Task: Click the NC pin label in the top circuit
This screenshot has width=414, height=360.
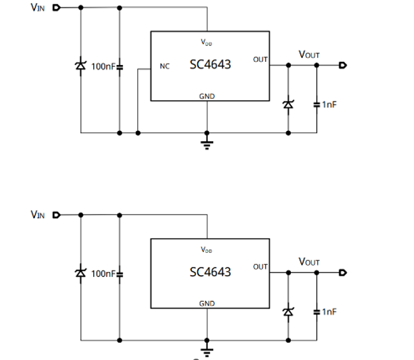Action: [x=165, y=66]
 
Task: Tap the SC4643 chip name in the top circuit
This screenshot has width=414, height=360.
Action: [x=210, y=64]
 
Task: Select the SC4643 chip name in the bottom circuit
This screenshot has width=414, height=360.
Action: [x=210, y=272]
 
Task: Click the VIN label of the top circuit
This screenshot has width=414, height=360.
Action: [x=38, y=8]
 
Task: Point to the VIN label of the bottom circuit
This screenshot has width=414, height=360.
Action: [x=38, y=214]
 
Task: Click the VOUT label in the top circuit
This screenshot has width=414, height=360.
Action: [x=309, y=55]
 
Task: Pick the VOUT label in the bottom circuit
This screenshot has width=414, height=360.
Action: [x=309, y=262]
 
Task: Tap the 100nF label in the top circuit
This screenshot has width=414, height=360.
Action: [x=103, y=66]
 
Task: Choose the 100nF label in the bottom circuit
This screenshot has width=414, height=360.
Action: [x=103, y=273]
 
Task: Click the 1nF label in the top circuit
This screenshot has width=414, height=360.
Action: [x=329, y=104]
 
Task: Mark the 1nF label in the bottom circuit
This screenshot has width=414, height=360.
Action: [x=329, y=311]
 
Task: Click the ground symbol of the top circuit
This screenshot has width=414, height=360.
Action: [x=207, y=142]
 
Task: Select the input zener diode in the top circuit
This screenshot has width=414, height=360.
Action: [x=80, y=66]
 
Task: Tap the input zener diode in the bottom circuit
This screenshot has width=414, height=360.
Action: [x=80, y=273]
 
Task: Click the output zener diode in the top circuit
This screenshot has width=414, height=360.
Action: [x=288, y=103]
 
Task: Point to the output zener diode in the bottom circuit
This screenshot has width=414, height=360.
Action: [x=288, y=311]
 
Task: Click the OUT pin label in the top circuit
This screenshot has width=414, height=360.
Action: [x=260, y=59]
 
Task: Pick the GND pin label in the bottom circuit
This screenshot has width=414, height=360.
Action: [x=207, y=304]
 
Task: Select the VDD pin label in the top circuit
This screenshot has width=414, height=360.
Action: [x=207, y=43]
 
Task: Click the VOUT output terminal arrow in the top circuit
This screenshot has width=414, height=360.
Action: [x=343, y=65]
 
